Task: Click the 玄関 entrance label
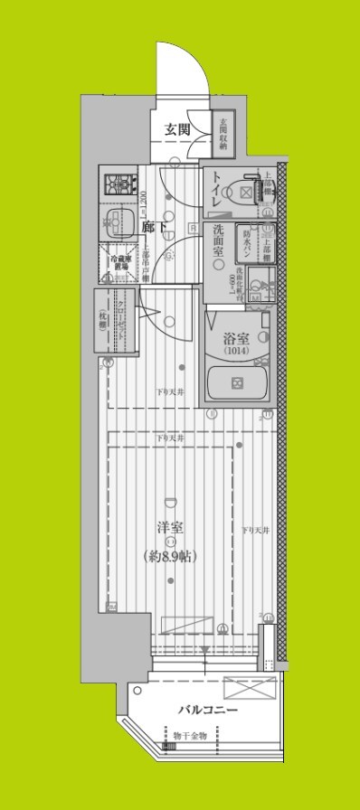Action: [x=177, y=129]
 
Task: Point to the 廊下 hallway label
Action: [x=154, y=228]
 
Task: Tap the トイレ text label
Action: [x=217, y=191]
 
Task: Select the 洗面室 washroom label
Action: [x=217, y=243]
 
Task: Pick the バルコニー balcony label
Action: [x=207, y=710]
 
